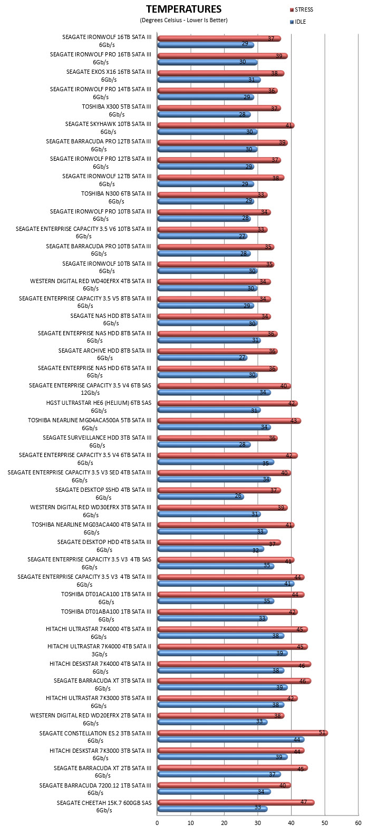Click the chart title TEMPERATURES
(184, 9)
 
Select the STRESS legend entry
(301, 9)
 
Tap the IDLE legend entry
(297, 22)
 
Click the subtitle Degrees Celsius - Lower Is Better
(184, 20)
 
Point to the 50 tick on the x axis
(325, 823)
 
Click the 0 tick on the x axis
(157, 823)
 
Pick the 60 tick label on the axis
(359, 823)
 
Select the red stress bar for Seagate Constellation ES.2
(243, 733)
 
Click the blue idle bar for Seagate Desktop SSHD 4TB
(200, 496)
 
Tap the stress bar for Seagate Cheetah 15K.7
(236, 802)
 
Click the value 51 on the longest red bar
(322, 733)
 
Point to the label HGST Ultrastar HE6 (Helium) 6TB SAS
(99, 406)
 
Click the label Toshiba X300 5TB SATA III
(117, 110)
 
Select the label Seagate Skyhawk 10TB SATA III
(108, 128)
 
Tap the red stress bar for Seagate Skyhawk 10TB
(226, 125)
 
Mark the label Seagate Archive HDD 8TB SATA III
(105, 354)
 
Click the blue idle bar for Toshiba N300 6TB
(206, 201)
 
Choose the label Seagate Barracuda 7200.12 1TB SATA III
(95, 789)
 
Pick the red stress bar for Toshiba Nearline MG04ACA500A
(229, 421)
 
